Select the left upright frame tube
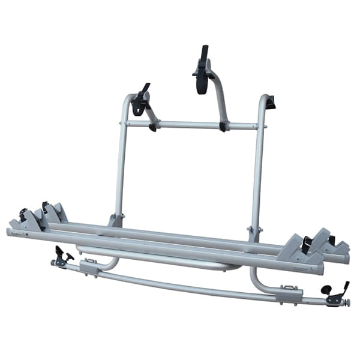(x=122, y=162)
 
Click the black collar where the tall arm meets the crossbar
(x=223, y=126)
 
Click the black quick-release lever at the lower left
(x=61, y=256)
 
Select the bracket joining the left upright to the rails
(x=116, y=220)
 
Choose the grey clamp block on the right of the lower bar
(x=291, y=292)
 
